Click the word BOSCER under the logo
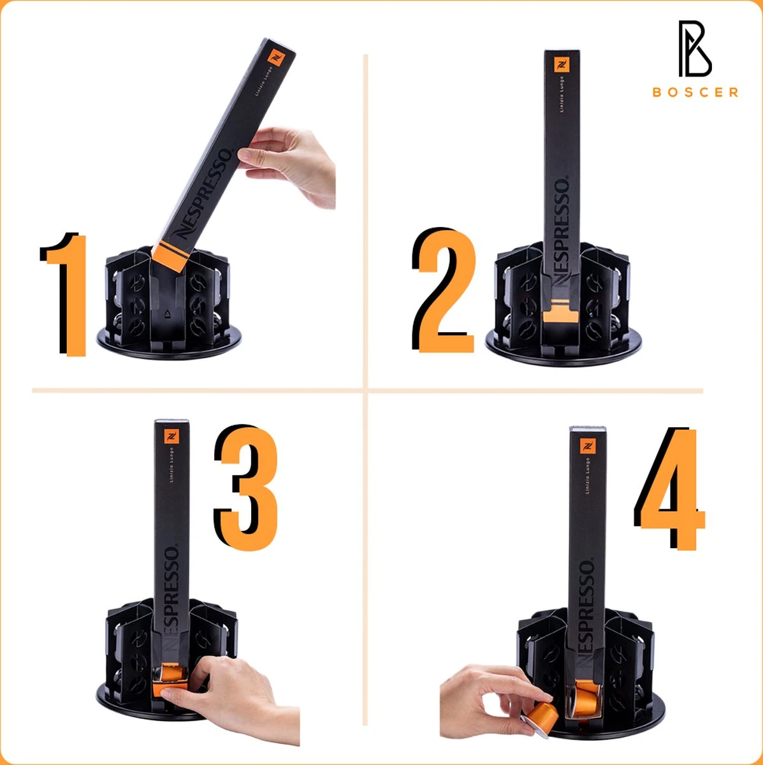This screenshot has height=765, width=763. pyautogui.click(x=695, y=92)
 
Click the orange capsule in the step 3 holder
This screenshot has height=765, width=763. pyautogui.click(x=171, y=676)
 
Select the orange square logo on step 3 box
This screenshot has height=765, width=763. pyautogui.click(x=172, y=437)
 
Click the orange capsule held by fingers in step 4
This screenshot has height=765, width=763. pyautogui.click(x=540, y=713)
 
